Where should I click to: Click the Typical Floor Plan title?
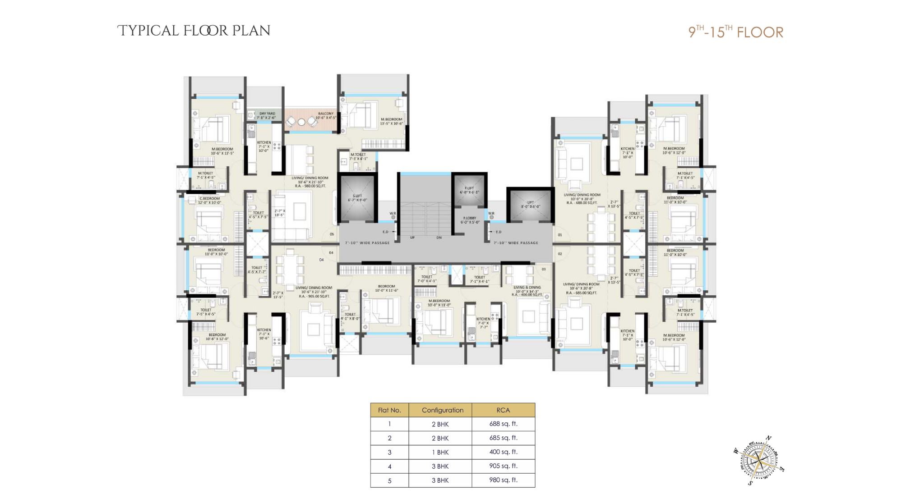tap(194, 31)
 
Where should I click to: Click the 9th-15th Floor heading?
tap(735, 32)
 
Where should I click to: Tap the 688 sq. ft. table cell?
tap(503, 424)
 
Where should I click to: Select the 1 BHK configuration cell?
tap(440, 452)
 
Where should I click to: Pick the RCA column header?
tap(503, 410)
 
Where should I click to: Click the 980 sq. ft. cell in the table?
tap(503, 480)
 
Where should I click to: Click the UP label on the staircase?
tap(412, 238)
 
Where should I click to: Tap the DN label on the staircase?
tap(439, 238)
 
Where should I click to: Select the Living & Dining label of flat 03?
tap(527, 287)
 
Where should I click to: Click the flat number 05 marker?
tap(332, 234)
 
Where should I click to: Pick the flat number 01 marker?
tap(560, 235)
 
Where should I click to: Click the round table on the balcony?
tap(301, 122)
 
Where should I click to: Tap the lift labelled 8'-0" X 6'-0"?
tap(530, 205)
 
